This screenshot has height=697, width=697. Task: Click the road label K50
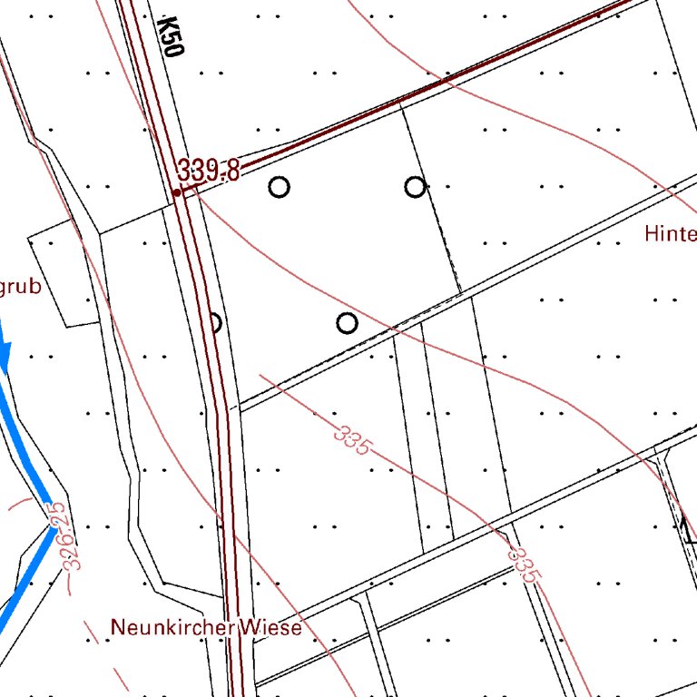[x=171, y=36]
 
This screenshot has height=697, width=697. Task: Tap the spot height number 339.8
[x=209, y=171]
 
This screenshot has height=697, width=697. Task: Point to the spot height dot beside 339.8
[x=177, y=192]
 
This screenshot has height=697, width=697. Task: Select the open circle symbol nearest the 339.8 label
[x=280, y=188]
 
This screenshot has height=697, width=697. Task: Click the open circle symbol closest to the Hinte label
[x=415, y=187]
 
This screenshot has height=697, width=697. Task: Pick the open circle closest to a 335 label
[x=347, y=323]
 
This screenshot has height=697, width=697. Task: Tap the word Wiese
[x=270, y=627]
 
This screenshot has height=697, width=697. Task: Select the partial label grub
[x=20, y=288]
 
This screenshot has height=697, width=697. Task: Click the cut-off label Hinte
[x=670, y=233]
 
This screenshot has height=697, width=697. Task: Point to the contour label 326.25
[x=64, y=537]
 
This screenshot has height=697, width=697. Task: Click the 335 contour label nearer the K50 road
[x=351, y=441]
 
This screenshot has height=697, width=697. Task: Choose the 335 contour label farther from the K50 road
[x=524, y=564]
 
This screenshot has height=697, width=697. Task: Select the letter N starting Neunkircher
[x=116, y=627]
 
